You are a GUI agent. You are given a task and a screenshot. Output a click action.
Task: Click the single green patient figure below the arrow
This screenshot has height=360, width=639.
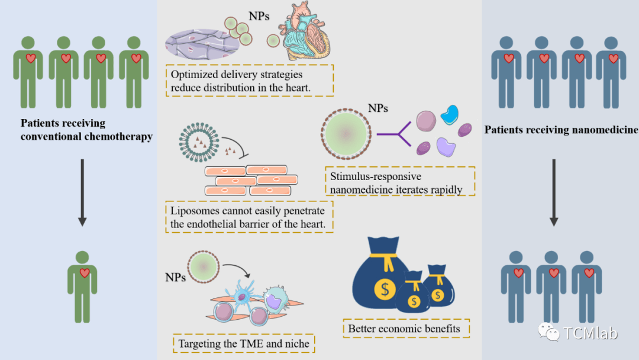coord(82,287)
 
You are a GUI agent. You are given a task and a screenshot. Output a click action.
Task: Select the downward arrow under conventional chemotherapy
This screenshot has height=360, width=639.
coord(82,192)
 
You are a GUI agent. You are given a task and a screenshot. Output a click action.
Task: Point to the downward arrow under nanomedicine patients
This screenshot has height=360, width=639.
coord(554,192)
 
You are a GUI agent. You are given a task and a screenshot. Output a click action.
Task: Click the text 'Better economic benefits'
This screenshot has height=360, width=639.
coord(404,329)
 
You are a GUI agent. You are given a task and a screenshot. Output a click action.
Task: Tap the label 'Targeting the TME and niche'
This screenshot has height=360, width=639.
coord(244,343)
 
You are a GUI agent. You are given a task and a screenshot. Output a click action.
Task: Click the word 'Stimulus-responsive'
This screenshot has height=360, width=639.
coord(376,176)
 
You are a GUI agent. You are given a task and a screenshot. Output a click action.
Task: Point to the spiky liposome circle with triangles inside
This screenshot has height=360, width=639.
coord(199,142)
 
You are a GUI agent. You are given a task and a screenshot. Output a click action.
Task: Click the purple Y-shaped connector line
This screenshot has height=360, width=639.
coord(395,134)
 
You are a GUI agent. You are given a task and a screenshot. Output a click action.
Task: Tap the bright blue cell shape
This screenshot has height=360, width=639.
coord(450,114)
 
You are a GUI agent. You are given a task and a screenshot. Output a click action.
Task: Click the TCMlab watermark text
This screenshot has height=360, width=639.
coord(590,333)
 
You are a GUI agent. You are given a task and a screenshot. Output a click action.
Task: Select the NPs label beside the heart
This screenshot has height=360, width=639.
coord(259,16)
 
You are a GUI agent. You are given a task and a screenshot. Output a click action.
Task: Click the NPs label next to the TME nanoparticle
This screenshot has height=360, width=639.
coord(175,278)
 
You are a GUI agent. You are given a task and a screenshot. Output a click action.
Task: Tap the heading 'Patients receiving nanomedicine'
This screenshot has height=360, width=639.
coord(561,130)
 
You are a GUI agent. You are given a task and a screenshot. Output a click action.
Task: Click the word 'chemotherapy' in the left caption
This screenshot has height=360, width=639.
coord(120,137)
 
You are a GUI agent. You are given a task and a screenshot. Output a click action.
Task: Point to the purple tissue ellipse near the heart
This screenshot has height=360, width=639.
coord(202,44)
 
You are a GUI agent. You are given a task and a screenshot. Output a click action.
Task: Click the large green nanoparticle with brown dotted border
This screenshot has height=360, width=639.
coord(346,133)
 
